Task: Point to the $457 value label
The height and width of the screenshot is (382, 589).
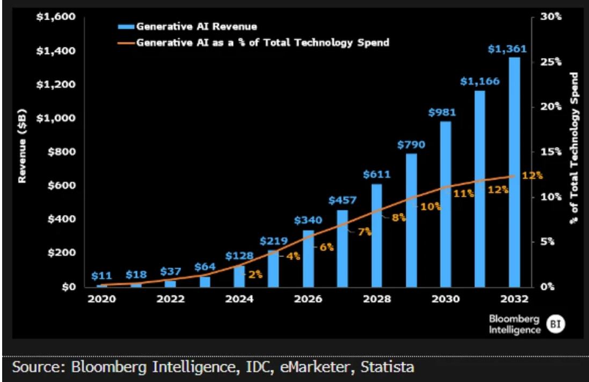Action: click(342, 200)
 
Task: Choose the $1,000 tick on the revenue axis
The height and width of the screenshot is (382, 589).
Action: click(55, 118)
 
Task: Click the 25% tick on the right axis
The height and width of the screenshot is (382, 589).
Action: click(550, 62)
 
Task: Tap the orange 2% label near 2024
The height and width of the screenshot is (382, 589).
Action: click(254, 274)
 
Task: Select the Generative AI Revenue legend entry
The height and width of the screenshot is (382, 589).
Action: click(197, 26)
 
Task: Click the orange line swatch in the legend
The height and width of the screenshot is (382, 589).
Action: click(126, 42)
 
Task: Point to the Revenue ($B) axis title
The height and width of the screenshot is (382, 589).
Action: click(22, 145)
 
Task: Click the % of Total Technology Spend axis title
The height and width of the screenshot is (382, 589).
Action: click(575, 147)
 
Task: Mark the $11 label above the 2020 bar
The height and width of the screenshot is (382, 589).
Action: click(101, 276)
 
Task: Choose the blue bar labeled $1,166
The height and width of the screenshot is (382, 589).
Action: click(479, 188)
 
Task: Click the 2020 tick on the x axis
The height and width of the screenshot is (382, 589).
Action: click(101, 299)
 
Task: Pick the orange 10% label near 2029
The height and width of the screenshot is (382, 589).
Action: click(430, 206)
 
